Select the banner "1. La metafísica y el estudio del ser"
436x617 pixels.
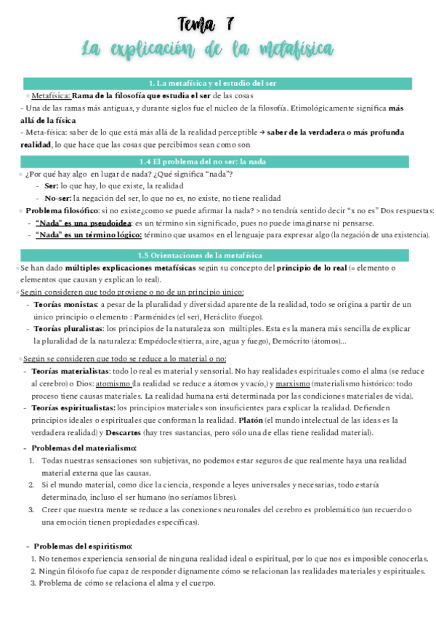click(217, 83)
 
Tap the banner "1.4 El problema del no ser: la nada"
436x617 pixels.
click(217, 162)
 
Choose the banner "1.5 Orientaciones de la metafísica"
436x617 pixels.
click(217, 255)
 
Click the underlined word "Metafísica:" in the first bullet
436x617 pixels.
click(51, 95)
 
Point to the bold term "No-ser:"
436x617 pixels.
click(57, 198)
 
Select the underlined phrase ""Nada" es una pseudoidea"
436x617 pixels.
click(83, 223)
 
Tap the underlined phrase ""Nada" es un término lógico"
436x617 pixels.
click(87, 234)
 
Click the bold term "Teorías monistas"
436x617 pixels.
click(65, 304)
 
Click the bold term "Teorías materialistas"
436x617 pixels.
click(70, 371)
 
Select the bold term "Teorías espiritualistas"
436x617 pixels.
click(73, 408)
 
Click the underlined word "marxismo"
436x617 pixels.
click(294, 383)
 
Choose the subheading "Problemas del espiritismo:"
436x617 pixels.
click(83, 546)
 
